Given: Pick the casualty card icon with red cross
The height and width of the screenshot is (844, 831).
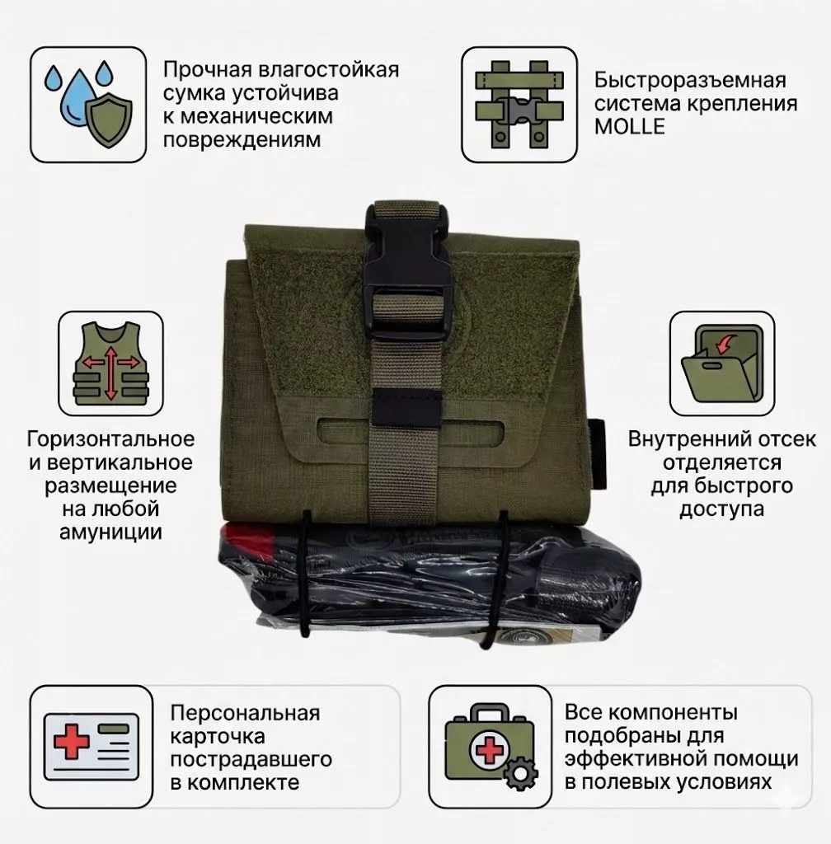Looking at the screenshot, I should pyautogui.click(x=91, y=744).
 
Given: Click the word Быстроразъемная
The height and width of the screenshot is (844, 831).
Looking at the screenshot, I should pyautogui.click(x=690, y=81).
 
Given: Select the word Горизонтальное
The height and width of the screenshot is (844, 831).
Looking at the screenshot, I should pyautogui.click(x=111, y=439).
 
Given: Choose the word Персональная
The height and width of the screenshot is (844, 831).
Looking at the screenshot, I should pyautogui.click(x=245, y=713).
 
